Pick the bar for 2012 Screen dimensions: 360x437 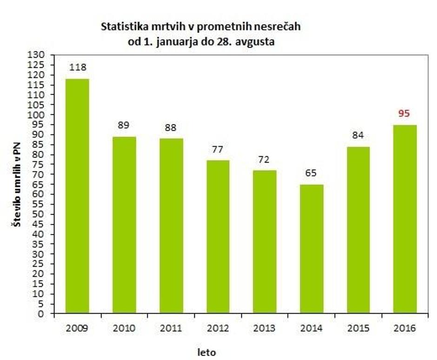(x=218, y=236)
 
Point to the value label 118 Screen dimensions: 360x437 (x=78, y=67)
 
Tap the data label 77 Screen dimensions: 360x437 (x=218, y=150)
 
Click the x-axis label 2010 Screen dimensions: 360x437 (x=124, y=328)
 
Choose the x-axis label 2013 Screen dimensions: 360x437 (x=264, y=328)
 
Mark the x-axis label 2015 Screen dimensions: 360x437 (x=358, y=328)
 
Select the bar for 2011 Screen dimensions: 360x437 (x=171, y=226)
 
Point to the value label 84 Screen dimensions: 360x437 (x=358, y=136)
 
